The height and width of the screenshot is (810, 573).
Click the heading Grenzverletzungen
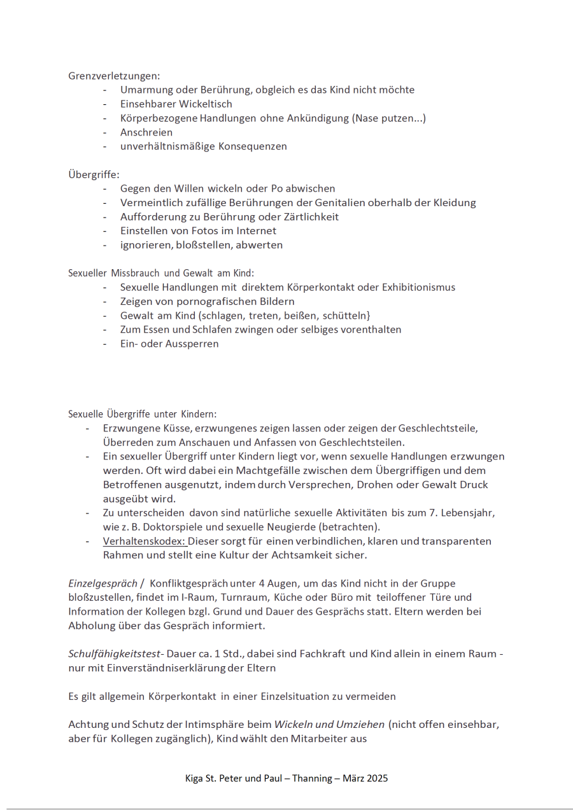pyautogui.click(x=114, y=76)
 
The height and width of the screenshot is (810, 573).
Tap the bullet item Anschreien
pyautogui.click(x=146, y=132)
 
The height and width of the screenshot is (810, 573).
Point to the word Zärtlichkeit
pyautogui.click(x=309, y=216)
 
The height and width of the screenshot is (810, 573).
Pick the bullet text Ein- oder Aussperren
pyautogui.click(x=169, y=344)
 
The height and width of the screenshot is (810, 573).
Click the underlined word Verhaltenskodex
pyautogui.click(x=144, y=541)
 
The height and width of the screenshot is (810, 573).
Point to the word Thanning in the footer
pyautogui.click(x=313, y=778)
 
